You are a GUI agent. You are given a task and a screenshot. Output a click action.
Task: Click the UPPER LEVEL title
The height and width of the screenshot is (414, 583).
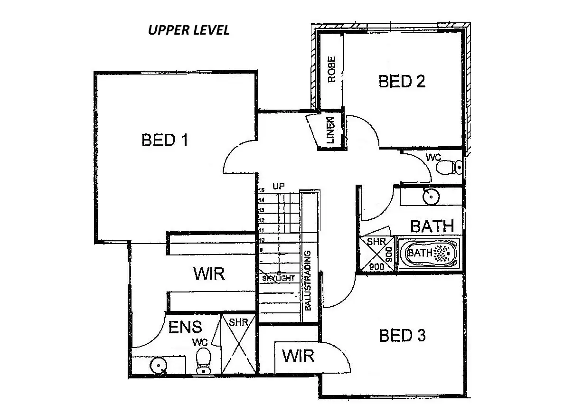[188, 30]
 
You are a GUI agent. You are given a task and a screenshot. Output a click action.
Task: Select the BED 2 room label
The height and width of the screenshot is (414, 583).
[402, 82]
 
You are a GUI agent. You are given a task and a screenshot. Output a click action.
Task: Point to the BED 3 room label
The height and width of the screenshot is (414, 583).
[402, 336]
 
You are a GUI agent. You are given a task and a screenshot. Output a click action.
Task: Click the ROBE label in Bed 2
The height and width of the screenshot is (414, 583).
[332, 69]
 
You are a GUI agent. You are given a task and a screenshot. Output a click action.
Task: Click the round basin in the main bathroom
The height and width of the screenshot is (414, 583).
[430, 195]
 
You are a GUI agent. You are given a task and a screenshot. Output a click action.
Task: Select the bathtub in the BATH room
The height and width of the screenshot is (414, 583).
[429, 253]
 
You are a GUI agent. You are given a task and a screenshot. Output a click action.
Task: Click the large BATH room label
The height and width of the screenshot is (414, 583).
[432, 226]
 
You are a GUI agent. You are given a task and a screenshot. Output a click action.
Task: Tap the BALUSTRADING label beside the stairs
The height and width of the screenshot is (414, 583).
[308, 280]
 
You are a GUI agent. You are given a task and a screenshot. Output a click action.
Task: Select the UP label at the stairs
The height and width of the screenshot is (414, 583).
[279, 186]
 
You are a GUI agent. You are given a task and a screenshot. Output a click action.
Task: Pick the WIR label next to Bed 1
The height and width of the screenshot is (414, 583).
[208, 273]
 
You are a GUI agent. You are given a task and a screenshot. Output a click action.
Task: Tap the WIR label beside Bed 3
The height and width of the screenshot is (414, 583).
[298, 355]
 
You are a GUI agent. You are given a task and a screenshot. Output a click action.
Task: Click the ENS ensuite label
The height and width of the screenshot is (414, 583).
[185, 327]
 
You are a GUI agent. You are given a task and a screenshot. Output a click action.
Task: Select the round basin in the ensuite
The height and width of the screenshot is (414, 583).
[158, 366]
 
